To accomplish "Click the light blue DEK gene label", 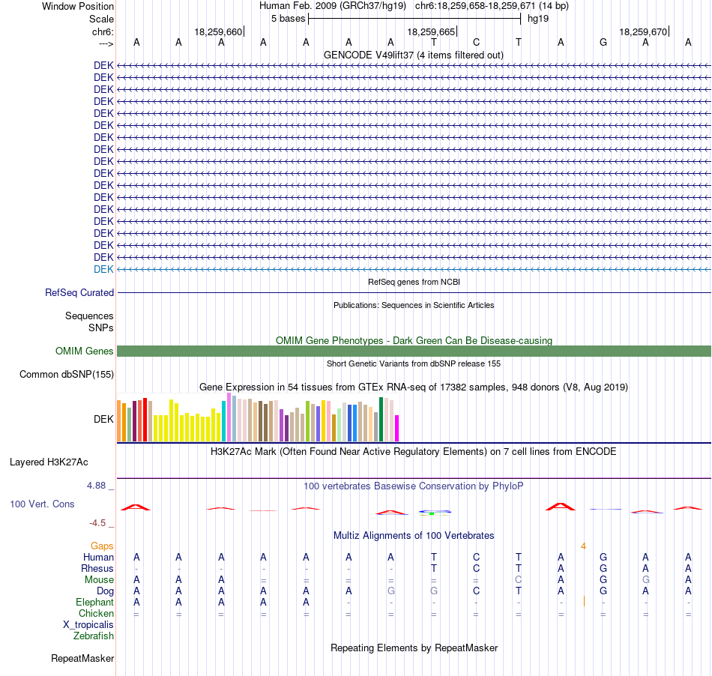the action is [103, 269].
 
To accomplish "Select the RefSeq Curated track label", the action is [79, 293].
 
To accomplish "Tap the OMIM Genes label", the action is [85, 351].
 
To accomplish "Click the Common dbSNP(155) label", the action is [67, 375].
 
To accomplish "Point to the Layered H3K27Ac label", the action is [49, 462].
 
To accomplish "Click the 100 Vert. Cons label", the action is [42, 504].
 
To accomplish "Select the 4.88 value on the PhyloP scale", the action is [96, 486].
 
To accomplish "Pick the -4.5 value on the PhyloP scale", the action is [97, 523].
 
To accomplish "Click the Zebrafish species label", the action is [94, 636].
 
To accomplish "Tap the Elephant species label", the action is [95, 603].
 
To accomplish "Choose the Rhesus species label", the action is [97, 568].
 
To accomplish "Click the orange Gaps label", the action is [102, 546].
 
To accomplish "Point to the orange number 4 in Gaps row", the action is [584, 546].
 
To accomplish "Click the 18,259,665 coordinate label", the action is [431, 31].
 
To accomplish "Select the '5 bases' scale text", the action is [289, 19].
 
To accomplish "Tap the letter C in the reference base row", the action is [477, 42].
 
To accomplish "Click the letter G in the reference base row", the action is [603, 42].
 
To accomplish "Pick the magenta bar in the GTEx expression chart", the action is [397, 428].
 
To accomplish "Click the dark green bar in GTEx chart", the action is [381, 419].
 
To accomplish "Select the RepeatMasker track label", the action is [82, 658].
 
